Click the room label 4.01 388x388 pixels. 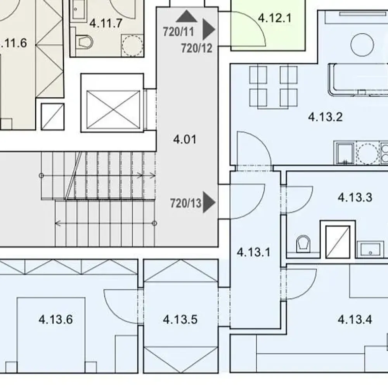pyautogui.click(x=185, y=139)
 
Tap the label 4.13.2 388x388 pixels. pyautogui.click(x=325, y=116)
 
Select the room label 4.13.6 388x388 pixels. pyautogui.click(x=55, y=319)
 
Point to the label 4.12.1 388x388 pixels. pyautogui.click(x=274, y=18)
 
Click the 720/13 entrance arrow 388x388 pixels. pyautogui.click(x=209, y=202)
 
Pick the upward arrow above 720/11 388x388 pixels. pyautogui.click(x=187, y=16)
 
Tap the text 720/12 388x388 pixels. pyautogui.click(x=197, y=48)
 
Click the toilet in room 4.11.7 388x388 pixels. pyautogui.click(x=84, y=42)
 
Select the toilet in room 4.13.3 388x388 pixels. pyautogui.click(x=303, y=244)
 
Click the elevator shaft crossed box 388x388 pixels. pyautogui.click(x=113, y=110)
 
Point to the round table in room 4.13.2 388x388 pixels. pyautogui.click(x=362, y=45)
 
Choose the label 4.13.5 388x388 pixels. pyautogui.click(x=180, y=319)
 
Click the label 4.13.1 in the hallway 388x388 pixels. pyautogui.click(x=254, y=252)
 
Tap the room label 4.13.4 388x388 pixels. pyautogui.click(x=355, y=319)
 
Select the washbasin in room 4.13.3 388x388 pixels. pyautogui.click(x=371, y=249)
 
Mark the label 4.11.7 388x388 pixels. pyautogui.click(x=106, y=23)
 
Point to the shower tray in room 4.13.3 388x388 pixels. pyautogui.click(x=338, y=242)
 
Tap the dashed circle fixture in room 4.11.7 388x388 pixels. pyautogui.click(x=132, y=45)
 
